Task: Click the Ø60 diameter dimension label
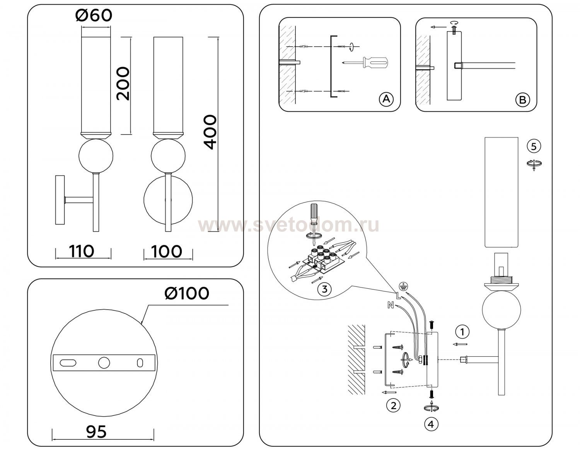94,15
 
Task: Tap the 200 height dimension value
123,84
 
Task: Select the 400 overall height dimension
210,132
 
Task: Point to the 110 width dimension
82,251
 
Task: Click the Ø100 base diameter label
187,293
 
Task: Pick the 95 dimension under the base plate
96,431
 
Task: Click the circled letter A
386,99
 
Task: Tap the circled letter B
523,100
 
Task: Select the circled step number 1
462,332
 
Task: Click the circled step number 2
393,406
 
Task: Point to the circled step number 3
324,289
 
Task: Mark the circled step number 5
534,146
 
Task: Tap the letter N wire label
391,305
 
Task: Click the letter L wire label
398,295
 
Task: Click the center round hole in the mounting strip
104,363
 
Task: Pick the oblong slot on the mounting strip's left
68,363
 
